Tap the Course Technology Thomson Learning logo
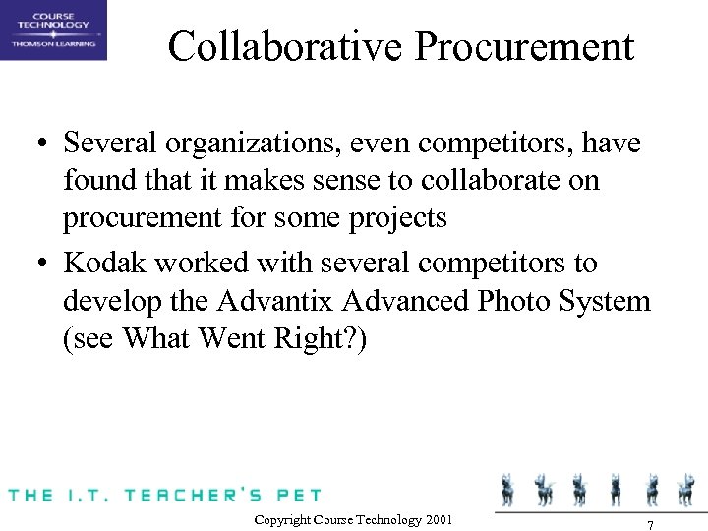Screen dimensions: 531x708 (53, 29)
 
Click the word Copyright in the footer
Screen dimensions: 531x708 (283, 519)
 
